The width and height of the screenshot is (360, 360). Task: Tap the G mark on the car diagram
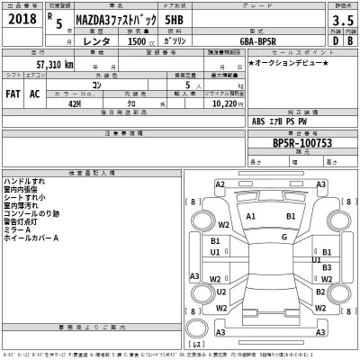tap(283, 237)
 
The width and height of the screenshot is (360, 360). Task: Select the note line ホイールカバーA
tap(32, 238)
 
